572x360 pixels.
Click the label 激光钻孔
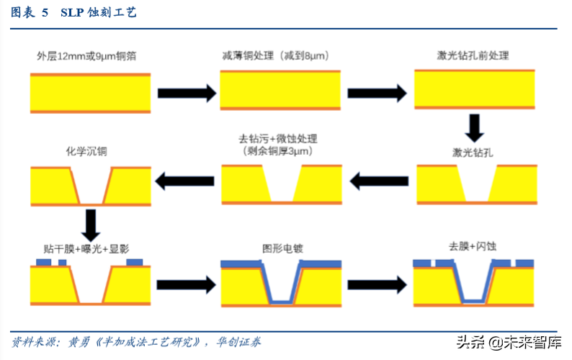[473, 152]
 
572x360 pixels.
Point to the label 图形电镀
[282, 249]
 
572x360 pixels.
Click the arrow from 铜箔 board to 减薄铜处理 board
[187, 92]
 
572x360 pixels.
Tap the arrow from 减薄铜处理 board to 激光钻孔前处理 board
[377, 92]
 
